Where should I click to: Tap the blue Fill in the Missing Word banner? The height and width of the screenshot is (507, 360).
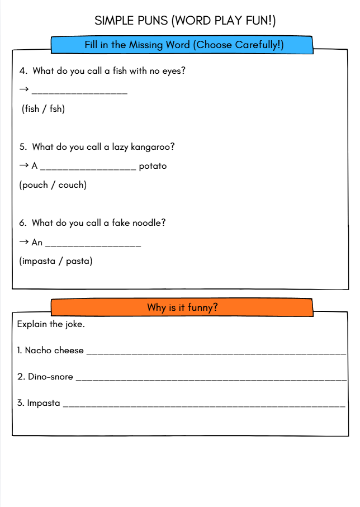point(184,45)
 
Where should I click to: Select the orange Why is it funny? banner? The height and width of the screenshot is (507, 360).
point(182,307)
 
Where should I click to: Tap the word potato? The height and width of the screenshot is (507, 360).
point(153,166)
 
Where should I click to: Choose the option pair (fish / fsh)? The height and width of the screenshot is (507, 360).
point(43,109)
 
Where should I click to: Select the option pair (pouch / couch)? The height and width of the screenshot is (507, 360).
point(53,185)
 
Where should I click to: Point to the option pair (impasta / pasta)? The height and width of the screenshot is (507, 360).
point(56,261)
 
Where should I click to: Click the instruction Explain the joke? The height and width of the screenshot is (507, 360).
point(51,324)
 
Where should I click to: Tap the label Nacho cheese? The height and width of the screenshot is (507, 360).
point(54,350)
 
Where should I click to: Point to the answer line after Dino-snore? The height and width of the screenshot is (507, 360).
point(211,379)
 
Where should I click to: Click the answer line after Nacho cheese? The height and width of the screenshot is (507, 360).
point(216,353)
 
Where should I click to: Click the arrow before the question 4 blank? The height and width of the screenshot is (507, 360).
point(24,91)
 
